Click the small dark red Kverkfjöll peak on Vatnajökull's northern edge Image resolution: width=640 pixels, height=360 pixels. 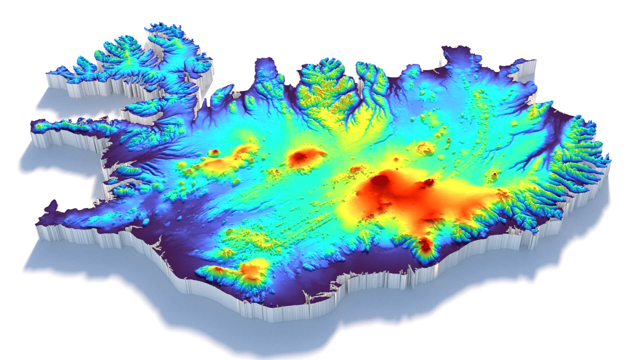[429, 182]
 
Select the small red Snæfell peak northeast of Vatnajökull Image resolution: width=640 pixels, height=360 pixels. [494, 175]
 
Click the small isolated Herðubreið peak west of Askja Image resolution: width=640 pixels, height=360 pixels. [397, 159]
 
